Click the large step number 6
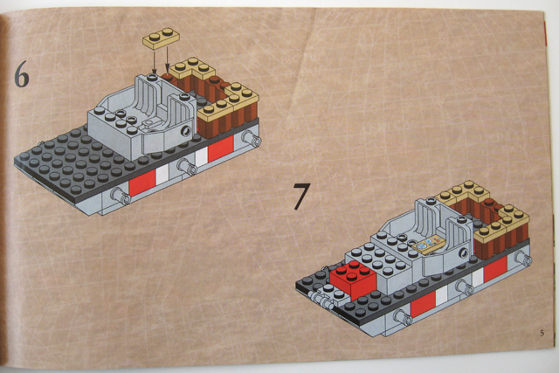click(21, 74)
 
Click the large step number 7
click(301, 196)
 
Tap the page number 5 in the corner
click(542, 333)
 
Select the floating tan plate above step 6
click(161, 38)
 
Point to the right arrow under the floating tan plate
click(167, 60)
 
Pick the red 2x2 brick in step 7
click(353, 279)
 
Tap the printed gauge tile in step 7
click(429, 245)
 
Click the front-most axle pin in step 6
click(121, 197)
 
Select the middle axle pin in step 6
click(187, 167)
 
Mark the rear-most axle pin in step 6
click(252, 138)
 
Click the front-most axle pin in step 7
click(403, 317)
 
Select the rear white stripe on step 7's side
click(478, 276)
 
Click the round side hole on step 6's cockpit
click(186, 131)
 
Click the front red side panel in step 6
click(142, 183)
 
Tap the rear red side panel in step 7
click(495, 269)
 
